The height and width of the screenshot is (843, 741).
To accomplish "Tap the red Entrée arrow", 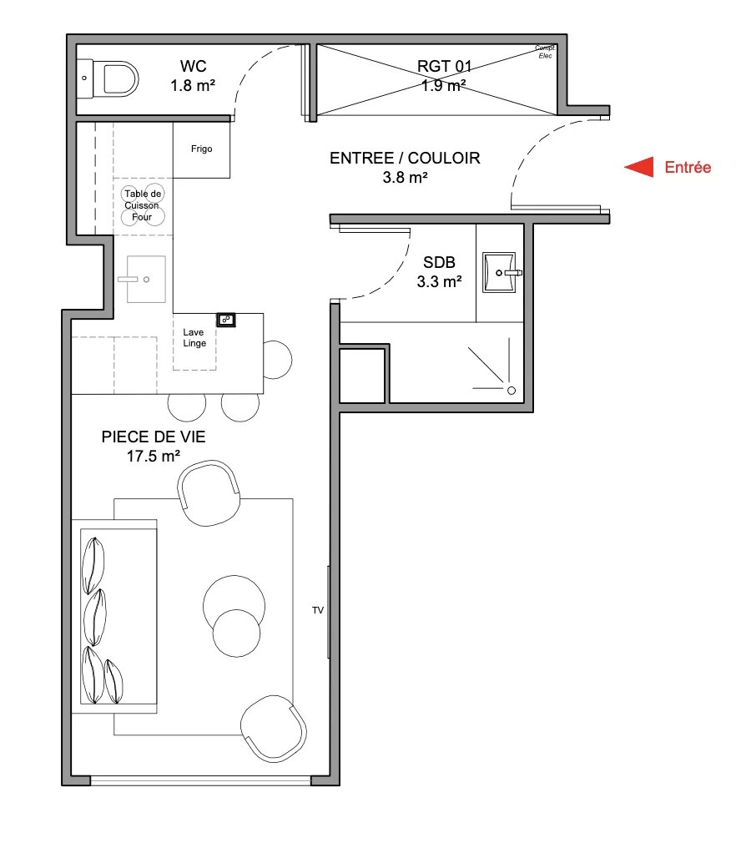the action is point(639,167).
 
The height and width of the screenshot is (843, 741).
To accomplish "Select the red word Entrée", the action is point(688,167).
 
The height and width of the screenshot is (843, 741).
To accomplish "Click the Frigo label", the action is point(201,149).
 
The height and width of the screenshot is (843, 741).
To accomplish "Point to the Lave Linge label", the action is point(194,338).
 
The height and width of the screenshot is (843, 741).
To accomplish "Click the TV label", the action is point(318,610).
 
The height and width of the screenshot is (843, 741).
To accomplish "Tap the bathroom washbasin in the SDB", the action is point(500,273).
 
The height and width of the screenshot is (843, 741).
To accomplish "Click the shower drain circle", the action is point(512,391).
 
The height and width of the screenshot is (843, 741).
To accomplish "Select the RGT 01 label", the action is point(445,66).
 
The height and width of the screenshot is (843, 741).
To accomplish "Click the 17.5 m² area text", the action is point(154,456).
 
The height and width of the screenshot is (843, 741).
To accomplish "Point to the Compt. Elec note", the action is point(545,52).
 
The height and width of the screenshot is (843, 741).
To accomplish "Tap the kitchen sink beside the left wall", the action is point(146,279).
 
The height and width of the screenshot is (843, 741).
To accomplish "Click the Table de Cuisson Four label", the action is point(143,204).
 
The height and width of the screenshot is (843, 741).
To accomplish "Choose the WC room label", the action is point(194,66).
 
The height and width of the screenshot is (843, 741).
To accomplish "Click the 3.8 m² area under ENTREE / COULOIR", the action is point(406,177).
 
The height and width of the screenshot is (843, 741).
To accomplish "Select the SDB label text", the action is point(439,262).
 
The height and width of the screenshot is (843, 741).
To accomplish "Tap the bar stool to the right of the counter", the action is point(277,360).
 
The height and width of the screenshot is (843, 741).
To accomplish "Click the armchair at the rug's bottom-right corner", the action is point(274,729).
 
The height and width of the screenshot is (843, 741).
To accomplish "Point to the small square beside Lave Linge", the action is point(225,320).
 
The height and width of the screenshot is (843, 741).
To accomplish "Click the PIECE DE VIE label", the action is point(154,437).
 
